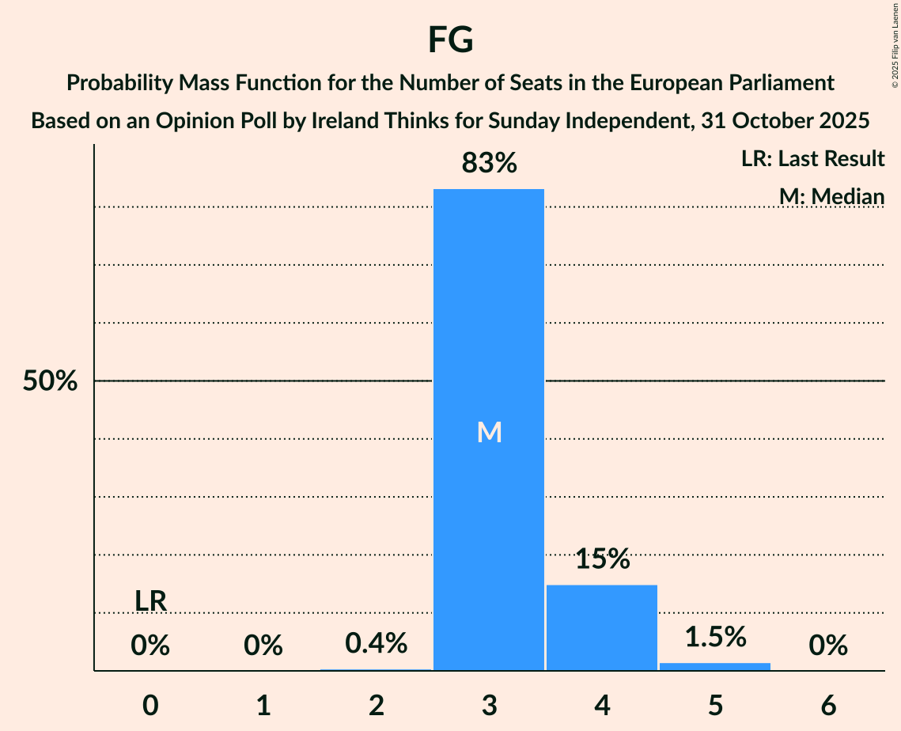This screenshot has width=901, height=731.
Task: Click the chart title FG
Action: [450, 40]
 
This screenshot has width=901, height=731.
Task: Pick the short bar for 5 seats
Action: [715, 666]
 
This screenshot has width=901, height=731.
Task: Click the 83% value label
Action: [489, 164]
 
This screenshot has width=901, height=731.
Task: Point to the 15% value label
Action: [602, 559]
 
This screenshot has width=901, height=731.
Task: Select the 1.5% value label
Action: [715, 637]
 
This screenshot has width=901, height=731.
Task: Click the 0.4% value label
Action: [377, 643]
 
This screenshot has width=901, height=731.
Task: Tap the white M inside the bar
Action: [489, 432]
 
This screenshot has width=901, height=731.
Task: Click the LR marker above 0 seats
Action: [150, 601]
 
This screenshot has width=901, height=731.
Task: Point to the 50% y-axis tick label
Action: [50, 381]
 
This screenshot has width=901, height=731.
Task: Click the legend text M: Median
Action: [831, 195]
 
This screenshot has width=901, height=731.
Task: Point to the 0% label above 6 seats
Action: [828, 646]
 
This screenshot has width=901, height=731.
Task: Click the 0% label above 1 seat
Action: [263, 646]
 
